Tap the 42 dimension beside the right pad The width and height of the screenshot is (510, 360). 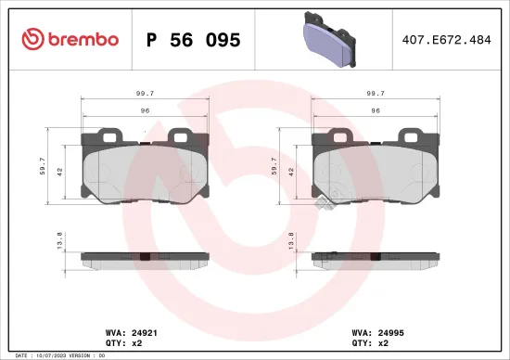click(x=290, y=172)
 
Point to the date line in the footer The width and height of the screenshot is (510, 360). click(x=56, y=355)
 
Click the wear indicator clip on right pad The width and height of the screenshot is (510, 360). click(x=325, y=203)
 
